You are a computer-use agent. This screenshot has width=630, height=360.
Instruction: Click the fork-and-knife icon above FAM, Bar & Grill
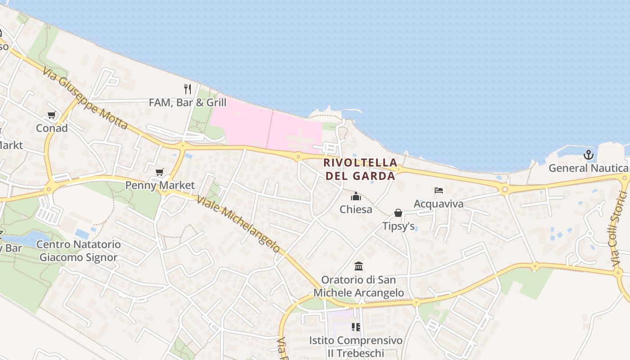(188, 89)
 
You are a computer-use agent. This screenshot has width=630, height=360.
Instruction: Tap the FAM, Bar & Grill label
(188, 103)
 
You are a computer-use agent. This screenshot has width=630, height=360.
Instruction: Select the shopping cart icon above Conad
(52, 115)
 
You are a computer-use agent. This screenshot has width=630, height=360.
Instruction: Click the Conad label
(52, 128)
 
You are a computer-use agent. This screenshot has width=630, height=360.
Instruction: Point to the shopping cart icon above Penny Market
(159, 172)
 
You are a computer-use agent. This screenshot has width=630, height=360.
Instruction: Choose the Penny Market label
(160, 185)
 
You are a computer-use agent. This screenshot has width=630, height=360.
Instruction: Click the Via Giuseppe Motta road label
(86, 99)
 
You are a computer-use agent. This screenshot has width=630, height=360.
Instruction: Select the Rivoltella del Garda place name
(360, 169)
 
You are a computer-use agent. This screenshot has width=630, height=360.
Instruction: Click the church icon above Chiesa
(356, 197)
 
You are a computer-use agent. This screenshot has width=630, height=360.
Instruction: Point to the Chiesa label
(356, 209)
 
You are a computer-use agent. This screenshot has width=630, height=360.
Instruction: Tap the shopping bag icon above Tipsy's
(398, 213)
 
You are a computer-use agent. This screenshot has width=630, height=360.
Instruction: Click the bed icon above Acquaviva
(439, 190)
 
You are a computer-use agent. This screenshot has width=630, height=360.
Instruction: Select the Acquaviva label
(438, 204)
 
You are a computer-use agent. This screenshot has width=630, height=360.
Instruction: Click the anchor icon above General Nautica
(588, 155)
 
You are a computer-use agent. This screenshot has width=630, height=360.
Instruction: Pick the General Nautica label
(588, 168)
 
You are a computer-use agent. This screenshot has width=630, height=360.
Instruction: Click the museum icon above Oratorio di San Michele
(359, 266)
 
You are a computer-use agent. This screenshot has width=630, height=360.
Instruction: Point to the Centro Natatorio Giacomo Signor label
(78, 251)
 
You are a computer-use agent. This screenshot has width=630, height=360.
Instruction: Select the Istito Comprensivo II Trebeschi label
(355, 346)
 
